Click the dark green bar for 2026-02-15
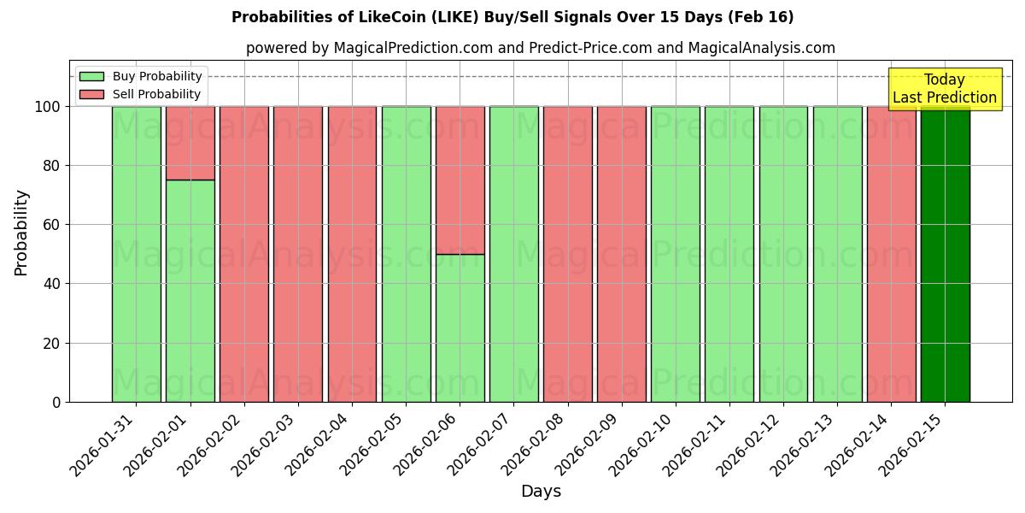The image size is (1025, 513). pos(945,254)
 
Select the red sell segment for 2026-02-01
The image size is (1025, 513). pos(190,143)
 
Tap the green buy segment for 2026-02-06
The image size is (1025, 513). pos(460,327)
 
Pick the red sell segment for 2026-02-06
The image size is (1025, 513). pos(460,180)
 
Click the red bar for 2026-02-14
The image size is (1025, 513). pos(891,254)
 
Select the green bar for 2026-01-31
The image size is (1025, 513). pos(136,254)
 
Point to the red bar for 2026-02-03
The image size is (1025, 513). pos(298,254)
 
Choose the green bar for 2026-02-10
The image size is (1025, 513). pos(675,254)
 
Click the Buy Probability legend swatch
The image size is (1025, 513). pos(91,77)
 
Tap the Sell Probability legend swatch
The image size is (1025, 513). pos(91,95)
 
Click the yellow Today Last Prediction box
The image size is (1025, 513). pos(944,89)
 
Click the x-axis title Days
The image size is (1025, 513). pos(541,492)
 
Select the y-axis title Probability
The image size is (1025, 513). pos(21,233)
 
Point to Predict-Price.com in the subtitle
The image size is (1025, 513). pos(590,48)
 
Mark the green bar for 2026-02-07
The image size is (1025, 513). pos(513,254)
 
